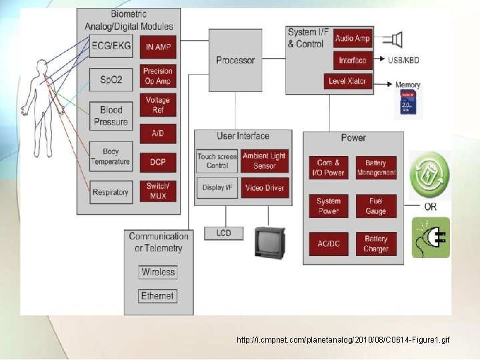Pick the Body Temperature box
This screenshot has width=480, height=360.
111,157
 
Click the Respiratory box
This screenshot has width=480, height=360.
111,192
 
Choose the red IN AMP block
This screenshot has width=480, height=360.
158,47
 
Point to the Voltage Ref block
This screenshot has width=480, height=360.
158,105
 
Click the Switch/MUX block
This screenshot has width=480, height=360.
158,191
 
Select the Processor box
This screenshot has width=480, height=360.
235,60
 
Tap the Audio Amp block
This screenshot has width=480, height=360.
353,39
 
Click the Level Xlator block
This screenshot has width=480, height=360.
347,81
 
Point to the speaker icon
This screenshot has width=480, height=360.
396,40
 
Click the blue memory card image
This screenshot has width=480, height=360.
408,103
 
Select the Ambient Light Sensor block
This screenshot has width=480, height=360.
264,161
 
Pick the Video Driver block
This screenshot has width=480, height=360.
264,188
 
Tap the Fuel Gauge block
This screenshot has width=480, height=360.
376,206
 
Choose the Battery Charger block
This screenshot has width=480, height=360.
376,244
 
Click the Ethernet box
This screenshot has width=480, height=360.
157,296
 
